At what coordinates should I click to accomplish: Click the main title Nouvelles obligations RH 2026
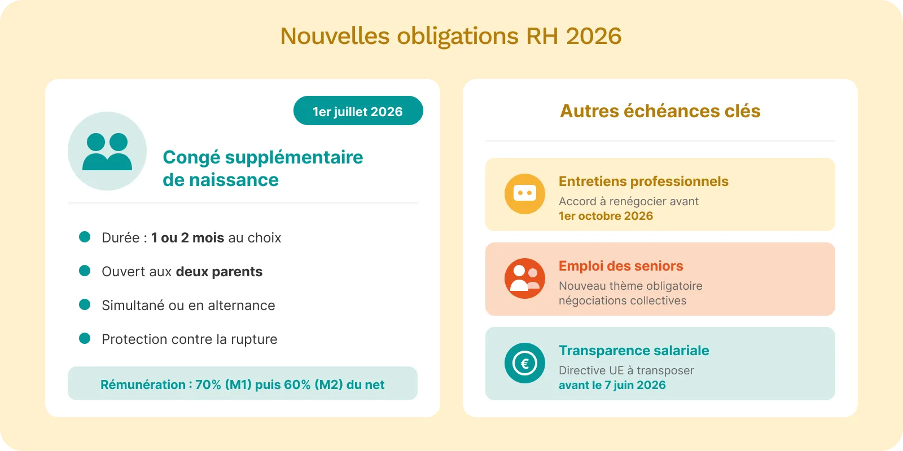[451, 36]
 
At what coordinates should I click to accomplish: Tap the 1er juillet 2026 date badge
[358, 111]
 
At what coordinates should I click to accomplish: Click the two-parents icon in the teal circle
[107, 151]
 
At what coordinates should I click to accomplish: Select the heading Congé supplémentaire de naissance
[262, 168]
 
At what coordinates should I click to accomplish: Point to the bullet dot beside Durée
[85, 237]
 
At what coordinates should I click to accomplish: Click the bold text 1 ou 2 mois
[187, 238]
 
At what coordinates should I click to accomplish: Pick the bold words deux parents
[219, 272]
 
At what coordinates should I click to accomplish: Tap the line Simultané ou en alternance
[188, 306]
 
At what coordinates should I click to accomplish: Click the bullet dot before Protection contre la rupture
[85, 338]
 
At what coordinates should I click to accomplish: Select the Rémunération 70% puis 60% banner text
[242, 384]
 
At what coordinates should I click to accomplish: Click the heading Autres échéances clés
[660, 111]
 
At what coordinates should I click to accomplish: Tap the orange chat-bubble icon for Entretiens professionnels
[524, 193]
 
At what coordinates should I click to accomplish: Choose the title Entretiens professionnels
[643, 182]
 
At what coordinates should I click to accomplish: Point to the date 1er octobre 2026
[606, 216]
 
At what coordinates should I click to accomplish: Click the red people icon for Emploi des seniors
[524, 278]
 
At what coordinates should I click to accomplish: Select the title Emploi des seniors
[621, 266]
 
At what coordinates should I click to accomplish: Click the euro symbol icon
[524, 363]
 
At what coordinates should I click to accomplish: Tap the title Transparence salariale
[634, 351]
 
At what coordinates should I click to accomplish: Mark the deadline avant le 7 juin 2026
[612, 385]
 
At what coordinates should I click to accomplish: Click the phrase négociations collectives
[622, 300]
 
